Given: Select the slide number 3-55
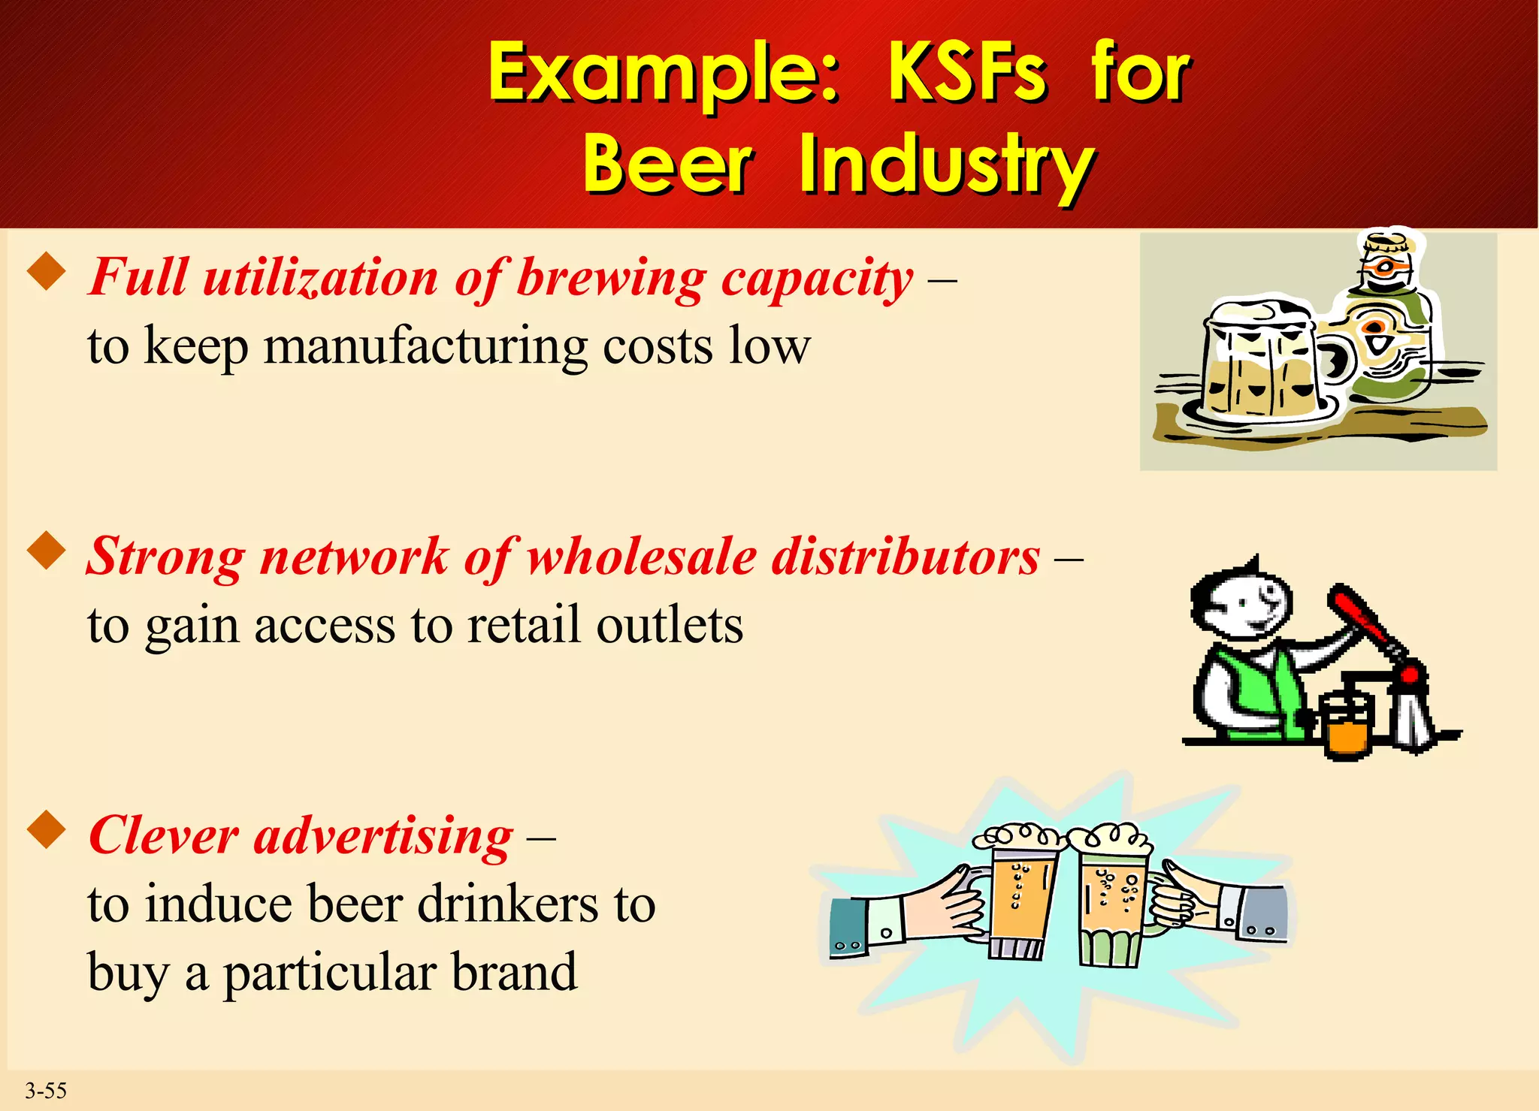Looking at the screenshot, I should point(46,1091).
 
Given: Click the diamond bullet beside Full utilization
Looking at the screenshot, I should point(47,271).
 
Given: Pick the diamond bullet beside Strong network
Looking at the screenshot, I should point(47,551).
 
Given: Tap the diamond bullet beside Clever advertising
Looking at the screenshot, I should point(47,829).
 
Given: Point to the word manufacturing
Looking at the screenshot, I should point(425,348).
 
